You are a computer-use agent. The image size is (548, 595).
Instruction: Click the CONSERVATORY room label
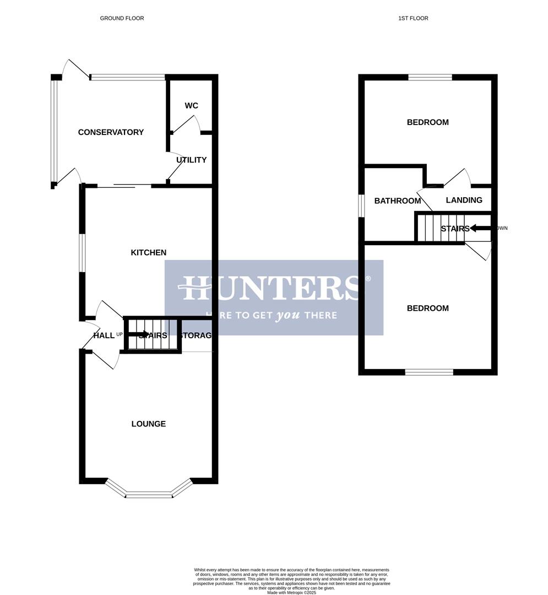point(111,132)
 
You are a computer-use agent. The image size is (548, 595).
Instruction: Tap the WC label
point(191,106)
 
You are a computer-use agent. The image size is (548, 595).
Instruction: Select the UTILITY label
point(191,160)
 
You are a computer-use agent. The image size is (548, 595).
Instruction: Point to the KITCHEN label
point(148,253)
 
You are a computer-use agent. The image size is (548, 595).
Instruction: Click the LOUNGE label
point(148,424)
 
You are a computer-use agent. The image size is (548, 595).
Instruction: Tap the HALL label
point(104,336)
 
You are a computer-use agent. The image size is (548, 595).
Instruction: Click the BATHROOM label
point(397,201)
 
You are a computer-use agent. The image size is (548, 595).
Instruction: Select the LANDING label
point(464,201)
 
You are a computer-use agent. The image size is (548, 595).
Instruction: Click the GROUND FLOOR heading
point(122,18)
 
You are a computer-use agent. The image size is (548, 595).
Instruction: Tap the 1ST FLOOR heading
point(413,18)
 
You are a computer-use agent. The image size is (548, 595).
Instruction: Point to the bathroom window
point(361,205)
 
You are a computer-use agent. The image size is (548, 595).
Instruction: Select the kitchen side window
point(82,253)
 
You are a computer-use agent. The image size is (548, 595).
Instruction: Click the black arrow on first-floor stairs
point(480,228)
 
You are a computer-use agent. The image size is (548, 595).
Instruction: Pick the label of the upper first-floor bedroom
point(427,122)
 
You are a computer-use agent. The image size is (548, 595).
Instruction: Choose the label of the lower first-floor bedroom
point(427,309)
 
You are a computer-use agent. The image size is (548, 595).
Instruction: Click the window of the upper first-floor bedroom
point(430,78)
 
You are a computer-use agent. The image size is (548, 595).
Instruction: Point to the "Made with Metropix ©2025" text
point(292,593)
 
